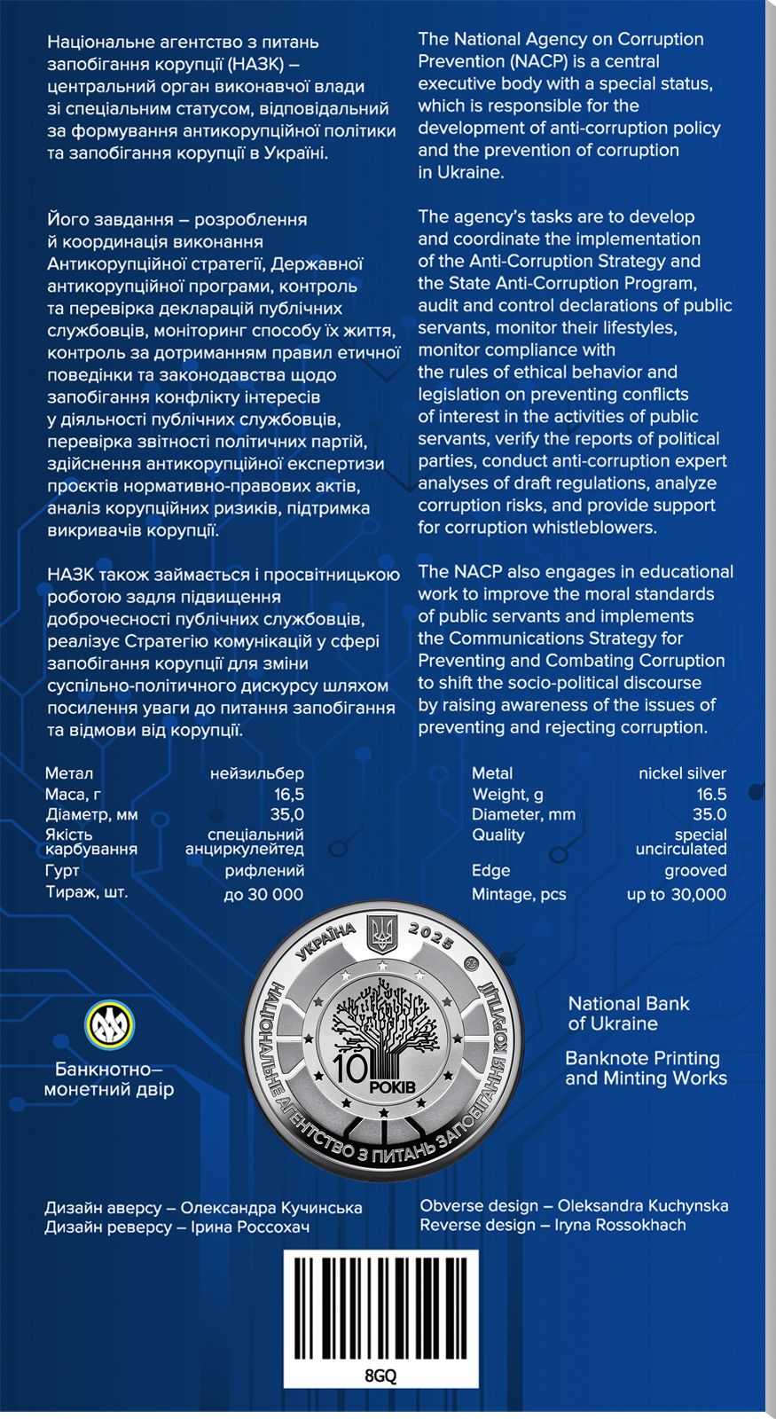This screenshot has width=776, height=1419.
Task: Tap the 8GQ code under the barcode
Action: coord(380,1376)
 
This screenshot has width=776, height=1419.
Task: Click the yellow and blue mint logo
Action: coord(109,1025)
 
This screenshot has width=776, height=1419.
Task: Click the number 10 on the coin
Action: coord(350,1068)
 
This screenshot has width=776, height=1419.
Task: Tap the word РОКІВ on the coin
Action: coord(393,1086)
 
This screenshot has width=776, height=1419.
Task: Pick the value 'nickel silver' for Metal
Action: coord(682,773)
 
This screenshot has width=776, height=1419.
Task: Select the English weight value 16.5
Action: coord(711,794)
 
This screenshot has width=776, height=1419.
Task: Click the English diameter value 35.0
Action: coord(709,814)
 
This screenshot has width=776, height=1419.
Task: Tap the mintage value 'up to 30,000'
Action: coord(676,894)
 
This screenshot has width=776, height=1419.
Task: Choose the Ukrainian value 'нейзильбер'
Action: coord(256,773)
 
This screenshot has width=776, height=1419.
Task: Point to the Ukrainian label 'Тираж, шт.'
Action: coord(86,891)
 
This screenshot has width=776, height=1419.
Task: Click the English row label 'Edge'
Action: coord(490,870)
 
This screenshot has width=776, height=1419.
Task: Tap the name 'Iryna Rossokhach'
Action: coord(620,1225)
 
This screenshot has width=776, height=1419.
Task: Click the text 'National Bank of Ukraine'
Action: coord(628,1013)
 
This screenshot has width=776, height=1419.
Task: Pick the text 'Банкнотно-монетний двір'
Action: coord(109,1079)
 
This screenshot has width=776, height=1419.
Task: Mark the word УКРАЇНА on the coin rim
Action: coord(325,942)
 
